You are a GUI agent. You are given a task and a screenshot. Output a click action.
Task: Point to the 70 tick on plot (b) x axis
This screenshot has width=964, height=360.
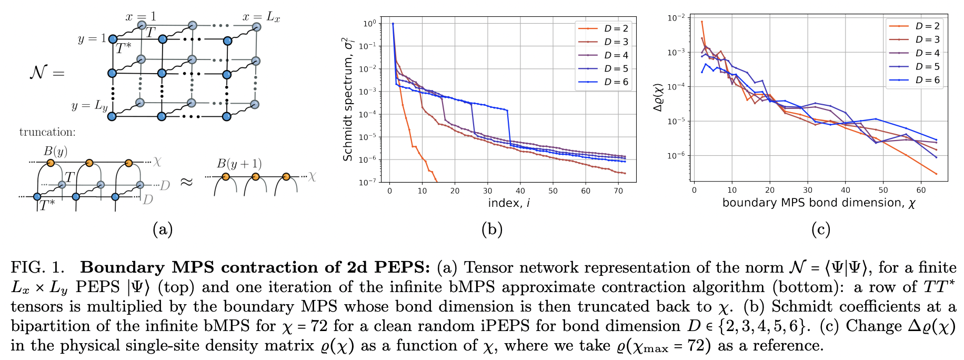[x=618, y=191]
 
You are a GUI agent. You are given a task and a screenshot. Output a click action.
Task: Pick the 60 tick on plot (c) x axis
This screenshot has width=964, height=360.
[x=921, y=190]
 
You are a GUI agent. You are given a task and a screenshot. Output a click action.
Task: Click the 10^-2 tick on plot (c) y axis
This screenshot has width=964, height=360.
[x=677, y=18]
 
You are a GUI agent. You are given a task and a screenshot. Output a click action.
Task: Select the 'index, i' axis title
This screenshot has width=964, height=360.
[x=508, y=203]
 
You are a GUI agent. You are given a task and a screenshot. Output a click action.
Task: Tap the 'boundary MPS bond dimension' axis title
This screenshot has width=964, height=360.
[x=819, y=203]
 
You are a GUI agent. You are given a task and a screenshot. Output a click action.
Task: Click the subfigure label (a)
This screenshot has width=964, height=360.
[x=162, y=229]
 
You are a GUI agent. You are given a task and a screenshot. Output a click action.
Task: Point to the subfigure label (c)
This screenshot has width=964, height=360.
[x=821, y=229]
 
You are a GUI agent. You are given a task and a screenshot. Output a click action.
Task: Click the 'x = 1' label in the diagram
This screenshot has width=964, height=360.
[x=140, y=16]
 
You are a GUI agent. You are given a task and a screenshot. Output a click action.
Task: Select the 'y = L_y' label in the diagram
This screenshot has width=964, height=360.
[x=89, y=106]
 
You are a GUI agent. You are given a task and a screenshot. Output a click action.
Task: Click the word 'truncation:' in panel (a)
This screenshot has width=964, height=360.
[x=47, y=132]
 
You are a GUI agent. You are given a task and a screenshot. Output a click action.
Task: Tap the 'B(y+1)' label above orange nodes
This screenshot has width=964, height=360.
[x=239, y=164]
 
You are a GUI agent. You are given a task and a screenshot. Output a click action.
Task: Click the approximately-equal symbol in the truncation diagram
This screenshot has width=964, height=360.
[x=187, y=182]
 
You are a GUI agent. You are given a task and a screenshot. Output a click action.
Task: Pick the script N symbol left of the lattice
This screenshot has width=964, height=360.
[x=39, y=72]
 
